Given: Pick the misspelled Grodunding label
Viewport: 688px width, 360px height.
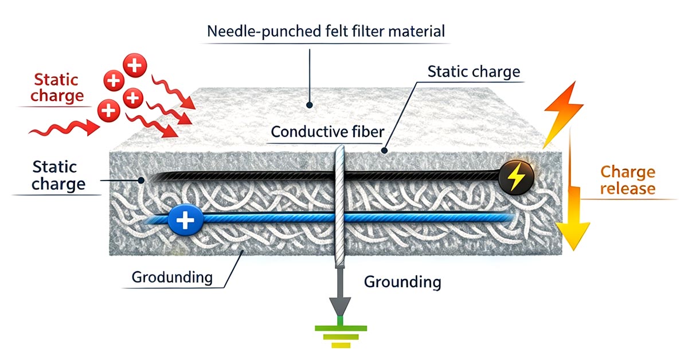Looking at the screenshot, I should click(172, 277).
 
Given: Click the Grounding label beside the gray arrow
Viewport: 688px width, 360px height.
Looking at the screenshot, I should click(402, 281).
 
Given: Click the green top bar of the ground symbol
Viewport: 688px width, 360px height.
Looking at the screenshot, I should click(339, 328).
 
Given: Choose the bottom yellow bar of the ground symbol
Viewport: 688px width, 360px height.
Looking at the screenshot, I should click(339, 345).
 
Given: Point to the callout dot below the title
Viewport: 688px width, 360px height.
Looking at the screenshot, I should click(310, 105).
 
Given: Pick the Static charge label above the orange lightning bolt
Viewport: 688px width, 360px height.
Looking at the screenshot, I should click(474, 72).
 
